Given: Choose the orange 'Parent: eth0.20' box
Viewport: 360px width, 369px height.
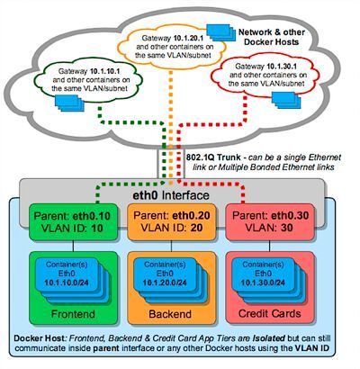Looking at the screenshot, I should point(166,222).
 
